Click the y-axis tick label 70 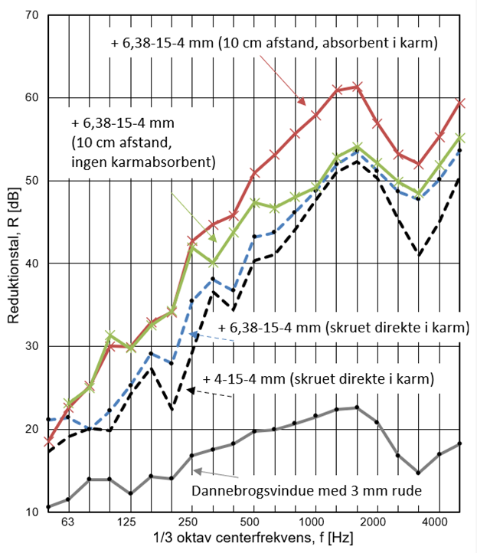click(x=31, y=15)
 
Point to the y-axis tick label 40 click(x=31, y=263)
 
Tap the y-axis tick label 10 click(x=31, y=512)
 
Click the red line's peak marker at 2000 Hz click(x=357, y=87)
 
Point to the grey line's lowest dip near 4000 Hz click(x=418, y=473)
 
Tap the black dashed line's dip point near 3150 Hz click(x=418, y=254)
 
